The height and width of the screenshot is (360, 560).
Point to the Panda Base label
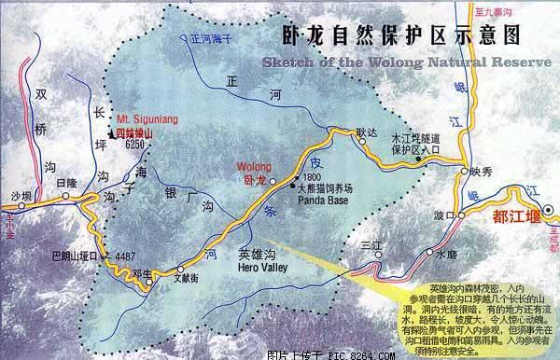click(x=318, y=198)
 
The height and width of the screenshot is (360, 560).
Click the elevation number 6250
click(x=136, y=145)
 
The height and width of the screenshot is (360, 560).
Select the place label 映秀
click(x=481, y=171)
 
